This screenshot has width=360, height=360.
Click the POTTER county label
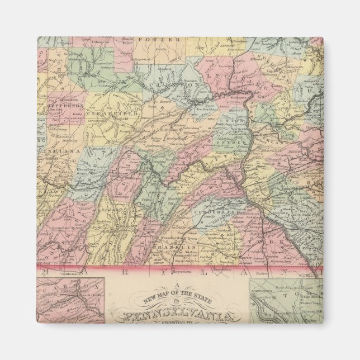pyautogui.click(x=164, y=40)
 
